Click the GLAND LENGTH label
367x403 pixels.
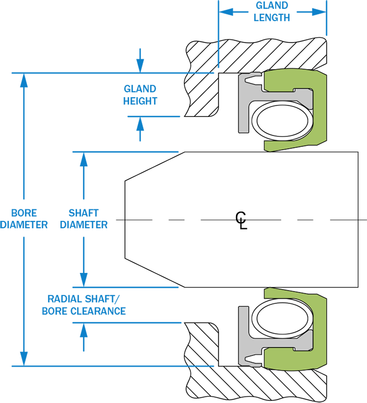(272, 12)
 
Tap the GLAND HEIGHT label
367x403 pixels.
(140, 95)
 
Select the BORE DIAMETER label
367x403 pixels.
(24, 219)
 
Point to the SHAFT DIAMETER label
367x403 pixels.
(84, 219)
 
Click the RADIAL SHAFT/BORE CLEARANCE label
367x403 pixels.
(84, 305)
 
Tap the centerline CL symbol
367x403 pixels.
(241, 220)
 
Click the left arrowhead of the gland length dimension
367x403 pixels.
(226, 12)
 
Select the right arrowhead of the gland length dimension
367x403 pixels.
(319, 12)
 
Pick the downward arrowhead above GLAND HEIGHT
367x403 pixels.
(140, 66)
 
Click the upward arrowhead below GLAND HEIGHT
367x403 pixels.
(140, 124)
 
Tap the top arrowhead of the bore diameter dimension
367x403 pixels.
(24, 80)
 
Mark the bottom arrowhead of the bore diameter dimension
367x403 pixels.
(24, 359)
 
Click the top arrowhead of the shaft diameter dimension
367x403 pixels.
(84, 159)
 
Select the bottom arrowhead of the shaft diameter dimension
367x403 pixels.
(84, 280)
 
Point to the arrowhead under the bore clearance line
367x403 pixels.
(84, 330)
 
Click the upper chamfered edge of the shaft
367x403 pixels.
(155, 166)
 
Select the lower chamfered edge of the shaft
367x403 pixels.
(155, 273)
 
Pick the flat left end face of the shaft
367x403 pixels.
(125, 219)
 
